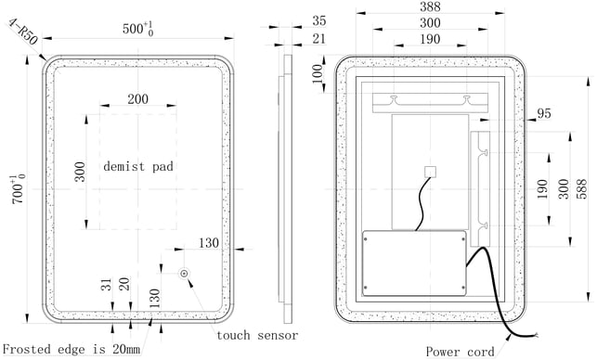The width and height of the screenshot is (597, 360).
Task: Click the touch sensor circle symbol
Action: pos(184,273)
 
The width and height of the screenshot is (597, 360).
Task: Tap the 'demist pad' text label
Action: pos(138,167)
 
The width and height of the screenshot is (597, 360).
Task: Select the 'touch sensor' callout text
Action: pos(257,335)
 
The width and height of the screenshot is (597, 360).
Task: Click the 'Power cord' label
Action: pos(460,352)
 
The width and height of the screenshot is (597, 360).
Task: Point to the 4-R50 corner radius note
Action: pos(23,32)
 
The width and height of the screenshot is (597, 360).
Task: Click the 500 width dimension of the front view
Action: pos(137,29)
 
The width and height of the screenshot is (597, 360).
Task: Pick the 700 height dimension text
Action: pos(19,189)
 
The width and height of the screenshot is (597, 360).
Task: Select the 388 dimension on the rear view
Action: pos(430,6)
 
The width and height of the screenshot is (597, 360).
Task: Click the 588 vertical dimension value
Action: pos(581,188)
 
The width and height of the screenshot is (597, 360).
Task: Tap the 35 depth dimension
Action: pos(319,20)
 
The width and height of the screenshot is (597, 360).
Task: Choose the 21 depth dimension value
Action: pos(319,39)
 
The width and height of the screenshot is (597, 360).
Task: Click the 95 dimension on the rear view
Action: pos(544,113)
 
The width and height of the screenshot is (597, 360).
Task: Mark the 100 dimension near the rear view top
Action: pos(318,74)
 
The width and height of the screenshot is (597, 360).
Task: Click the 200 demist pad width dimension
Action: pos(137,99)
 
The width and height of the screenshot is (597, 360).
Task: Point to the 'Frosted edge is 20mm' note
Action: pos(71,349)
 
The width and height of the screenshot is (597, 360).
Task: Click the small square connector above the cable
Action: pos(430,172)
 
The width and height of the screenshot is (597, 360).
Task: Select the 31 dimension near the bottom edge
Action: pos(108,284)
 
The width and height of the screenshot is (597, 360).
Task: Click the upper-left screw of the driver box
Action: pos(366,239)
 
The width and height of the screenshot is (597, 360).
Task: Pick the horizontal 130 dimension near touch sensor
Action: pos(209,243)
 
